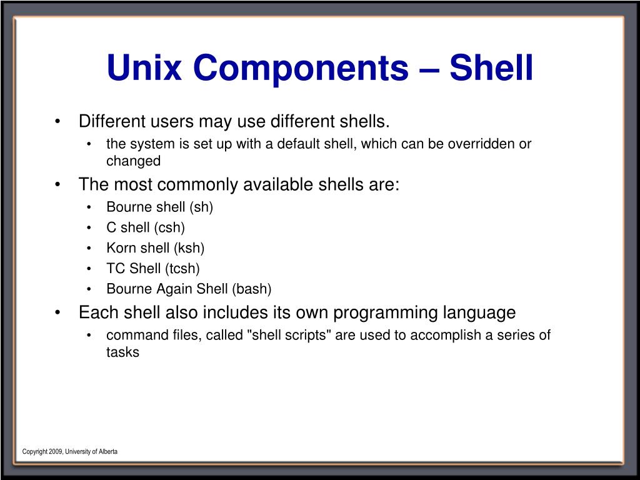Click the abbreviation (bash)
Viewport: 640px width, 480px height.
(252, 289)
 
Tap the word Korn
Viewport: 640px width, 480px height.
(122, 248)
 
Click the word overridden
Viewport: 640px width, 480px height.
(481, 144)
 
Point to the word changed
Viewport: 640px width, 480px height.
(133, 161)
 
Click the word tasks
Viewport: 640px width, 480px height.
(122, 352)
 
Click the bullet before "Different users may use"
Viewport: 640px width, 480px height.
(57, 121)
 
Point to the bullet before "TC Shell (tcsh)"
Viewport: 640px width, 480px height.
(90, 269)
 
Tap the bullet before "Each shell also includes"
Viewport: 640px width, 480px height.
(57, 312)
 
